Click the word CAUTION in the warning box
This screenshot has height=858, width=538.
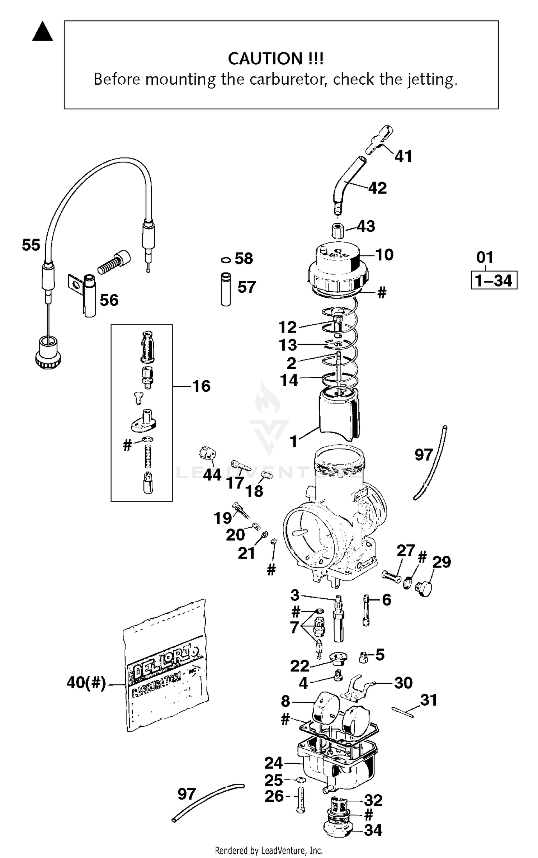(265, 58)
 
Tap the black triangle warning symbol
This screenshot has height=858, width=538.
(42, 32)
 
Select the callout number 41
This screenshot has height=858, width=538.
(403, 156)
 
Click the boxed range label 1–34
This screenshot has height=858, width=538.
(494, 280)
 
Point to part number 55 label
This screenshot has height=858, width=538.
(31, 245)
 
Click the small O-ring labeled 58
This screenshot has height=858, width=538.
(226, 259)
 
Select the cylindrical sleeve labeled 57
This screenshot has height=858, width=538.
(226, 289)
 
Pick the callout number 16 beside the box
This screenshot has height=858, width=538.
(201, 386)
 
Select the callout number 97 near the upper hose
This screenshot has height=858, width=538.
(424, 455)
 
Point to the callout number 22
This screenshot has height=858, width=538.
(299, 666)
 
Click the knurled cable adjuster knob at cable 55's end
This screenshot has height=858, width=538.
(48, 353)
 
